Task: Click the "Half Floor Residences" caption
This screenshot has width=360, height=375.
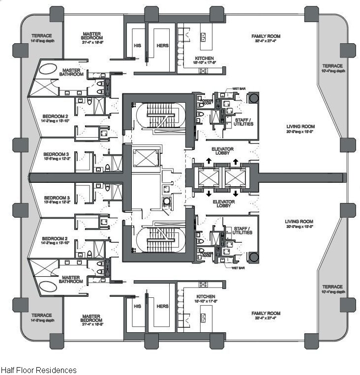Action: click(38, 370)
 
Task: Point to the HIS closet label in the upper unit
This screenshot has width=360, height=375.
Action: click(137, 46)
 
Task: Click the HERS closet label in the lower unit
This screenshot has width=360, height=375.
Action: click(162, 305)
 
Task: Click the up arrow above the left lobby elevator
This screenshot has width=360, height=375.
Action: click(209, 161)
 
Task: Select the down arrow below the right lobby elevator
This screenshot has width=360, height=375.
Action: click(235, 191)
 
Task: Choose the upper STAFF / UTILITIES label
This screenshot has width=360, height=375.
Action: click(243, 121)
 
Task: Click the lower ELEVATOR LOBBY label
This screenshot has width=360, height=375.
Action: click(224, 204)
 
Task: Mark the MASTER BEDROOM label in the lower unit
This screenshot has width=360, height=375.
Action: click(91, 318)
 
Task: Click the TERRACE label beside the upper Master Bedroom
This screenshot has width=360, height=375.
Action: click(42, 37)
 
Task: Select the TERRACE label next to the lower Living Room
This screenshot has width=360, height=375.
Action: click(332, 289)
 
